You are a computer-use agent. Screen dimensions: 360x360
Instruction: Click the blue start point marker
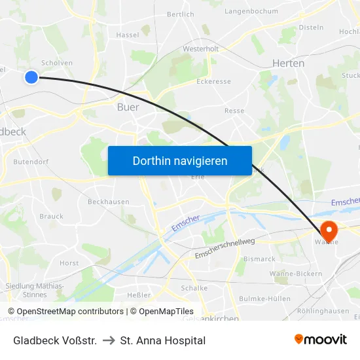[x=31, y=77]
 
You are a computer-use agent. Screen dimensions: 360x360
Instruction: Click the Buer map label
[x=128, y=107]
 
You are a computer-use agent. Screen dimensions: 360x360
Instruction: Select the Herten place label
[x=288, y=63]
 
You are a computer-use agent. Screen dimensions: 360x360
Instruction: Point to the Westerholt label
[x=200, y=48]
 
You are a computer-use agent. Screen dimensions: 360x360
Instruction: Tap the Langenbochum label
[x=251, y=11]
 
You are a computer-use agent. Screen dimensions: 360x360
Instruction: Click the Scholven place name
[x=57, y=63]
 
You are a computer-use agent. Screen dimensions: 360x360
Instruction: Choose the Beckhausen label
[x=108, y=202]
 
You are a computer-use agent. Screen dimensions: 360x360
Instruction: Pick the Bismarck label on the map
[x=259, y=259]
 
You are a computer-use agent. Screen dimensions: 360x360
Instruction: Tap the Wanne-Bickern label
[x=295, y=274]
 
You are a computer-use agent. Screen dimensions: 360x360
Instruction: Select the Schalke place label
[x=194, y=288]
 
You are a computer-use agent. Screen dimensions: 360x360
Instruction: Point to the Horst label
[x=69, y=263]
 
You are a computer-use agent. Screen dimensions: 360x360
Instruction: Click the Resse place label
[x=234, y=111]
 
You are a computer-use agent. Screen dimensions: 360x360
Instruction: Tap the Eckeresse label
[x=213, y=82]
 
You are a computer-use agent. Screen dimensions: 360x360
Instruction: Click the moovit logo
[x=321, y=339]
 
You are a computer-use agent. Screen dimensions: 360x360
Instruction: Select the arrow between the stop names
[x=109, y=340]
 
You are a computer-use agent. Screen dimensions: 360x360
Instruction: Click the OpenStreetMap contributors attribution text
[x=70, y=312]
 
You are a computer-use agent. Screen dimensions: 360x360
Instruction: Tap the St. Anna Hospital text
[x=163, y=340]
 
